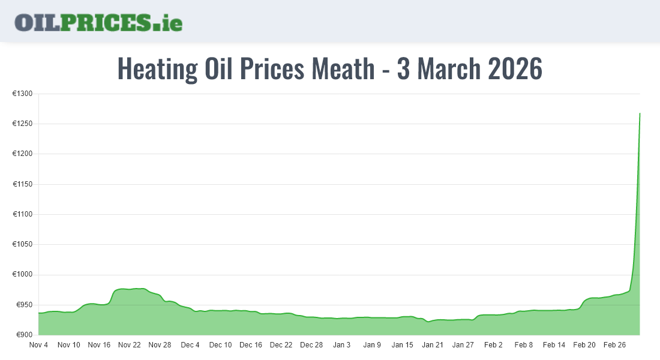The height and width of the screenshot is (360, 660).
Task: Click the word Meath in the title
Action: tap(343, 68)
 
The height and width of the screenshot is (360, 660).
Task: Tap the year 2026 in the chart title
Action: tap(515, 68)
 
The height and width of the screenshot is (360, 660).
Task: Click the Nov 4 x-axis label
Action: tap(38, 345)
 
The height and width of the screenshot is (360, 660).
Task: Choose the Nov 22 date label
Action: tap(129, 345)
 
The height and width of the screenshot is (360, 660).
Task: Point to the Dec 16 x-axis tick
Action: tap(250, 345)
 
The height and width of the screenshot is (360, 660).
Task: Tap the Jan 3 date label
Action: tap(341, 345)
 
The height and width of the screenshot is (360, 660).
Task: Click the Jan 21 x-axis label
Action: tap(432, 345)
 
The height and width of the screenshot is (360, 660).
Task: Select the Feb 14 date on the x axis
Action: tap(554, 345)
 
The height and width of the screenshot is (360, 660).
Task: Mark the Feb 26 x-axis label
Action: tap(614, 345)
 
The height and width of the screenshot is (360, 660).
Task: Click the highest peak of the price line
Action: tap(640, 113)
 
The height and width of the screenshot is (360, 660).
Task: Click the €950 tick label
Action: tap(23, 305)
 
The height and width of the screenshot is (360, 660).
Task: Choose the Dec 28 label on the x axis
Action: tap(311, 345)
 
